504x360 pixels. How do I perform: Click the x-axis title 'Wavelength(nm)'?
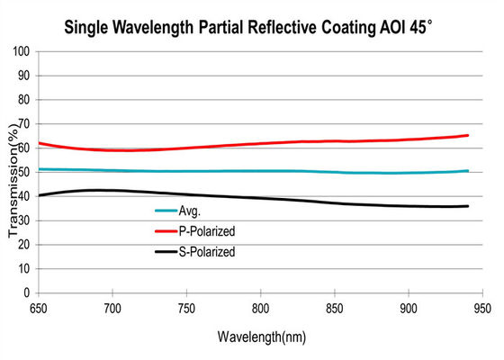pyautogui.click(x=261, y=337)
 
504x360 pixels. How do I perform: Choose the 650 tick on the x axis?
pyautogui.click(x=39, y=308)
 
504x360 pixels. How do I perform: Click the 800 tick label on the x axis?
pyautogui.click(x=261, y=308)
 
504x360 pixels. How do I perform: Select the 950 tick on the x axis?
pyautogui.click(x=483, y=308)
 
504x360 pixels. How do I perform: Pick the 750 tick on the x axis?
pyautogui.click(x=187, y=308)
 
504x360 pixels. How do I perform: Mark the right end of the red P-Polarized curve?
pyautogui.click(x=468, y=135)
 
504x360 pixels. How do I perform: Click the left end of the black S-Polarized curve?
pyautogui.click(x=39, y=194)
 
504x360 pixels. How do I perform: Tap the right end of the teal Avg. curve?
pyautogui.click(x=468, y=170)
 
